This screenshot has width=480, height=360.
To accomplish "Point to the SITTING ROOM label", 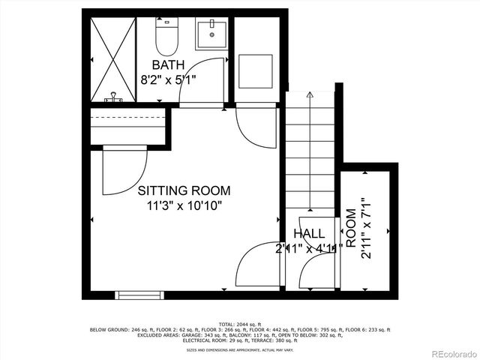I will [x=184, y=190].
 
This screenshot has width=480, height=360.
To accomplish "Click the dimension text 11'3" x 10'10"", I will [x=184, y=205].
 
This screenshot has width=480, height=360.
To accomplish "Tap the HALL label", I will [x=309, y=233].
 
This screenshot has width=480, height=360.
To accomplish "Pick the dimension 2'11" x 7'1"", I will [x=366, y=228].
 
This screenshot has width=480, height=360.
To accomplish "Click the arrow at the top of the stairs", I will [x=309, y=96].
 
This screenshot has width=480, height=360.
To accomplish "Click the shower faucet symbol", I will [x=115, y=97].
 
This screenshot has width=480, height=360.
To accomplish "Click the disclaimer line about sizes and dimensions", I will [x=239, y=349].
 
